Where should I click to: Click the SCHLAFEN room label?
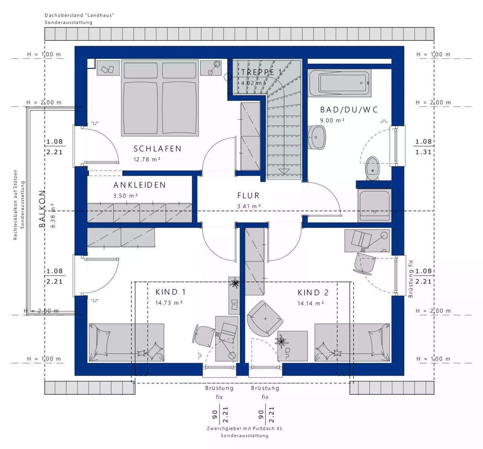[157, 149]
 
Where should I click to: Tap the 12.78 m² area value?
[147, 159]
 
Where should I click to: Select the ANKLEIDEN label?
[140, 185]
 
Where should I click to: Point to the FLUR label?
[248, 196]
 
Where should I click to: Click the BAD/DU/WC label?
[349, 110]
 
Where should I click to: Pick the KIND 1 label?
[171, 292]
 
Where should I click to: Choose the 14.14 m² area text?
[311, 303]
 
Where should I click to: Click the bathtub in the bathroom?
[340, 83]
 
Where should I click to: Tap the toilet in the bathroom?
[372, 168]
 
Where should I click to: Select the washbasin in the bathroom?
[317, 137]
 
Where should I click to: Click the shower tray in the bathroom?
[374, 206]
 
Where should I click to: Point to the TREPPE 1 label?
[261, 72]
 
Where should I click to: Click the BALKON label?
[42, 209]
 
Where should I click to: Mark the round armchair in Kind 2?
[265, 319]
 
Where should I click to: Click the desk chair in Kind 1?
[204, 336]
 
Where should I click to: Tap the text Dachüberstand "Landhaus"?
[79, 15]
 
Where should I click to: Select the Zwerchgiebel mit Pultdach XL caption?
[245, 428]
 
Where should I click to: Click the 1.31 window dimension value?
[423, 152]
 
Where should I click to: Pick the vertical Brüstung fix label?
[411, 279]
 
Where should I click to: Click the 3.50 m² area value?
[126, 196]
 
